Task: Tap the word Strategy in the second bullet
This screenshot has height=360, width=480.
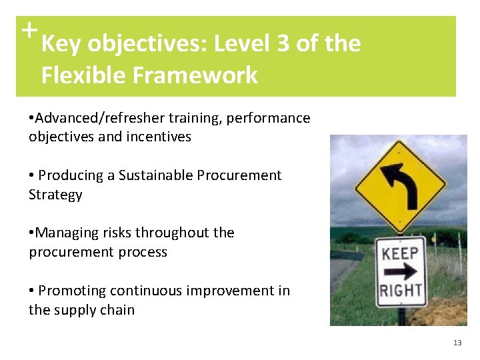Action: [x=55, y=195]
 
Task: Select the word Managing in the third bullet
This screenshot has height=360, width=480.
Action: [x=65, y=233]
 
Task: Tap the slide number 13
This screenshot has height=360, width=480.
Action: [x=457, y=343]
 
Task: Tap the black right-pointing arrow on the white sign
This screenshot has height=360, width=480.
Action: [x=401, y=271]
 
